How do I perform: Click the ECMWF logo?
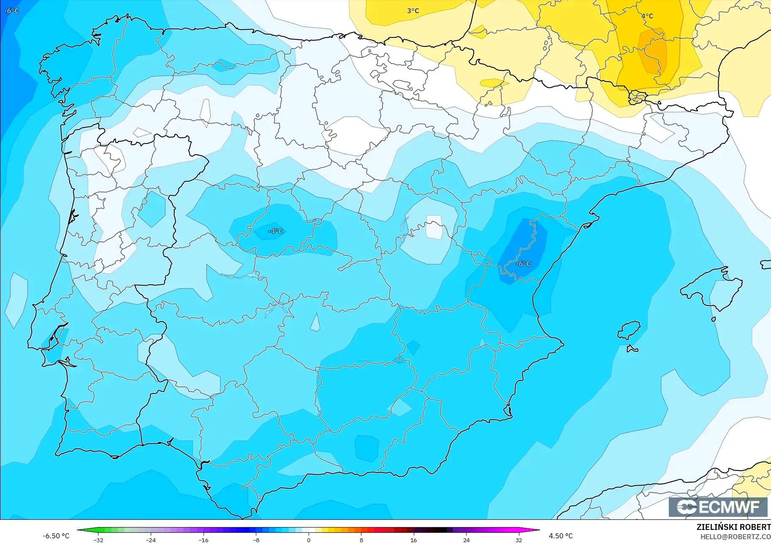(x=718, y=507)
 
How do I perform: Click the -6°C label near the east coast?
(x=523, y=264)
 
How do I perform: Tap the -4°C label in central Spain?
(x=275, y=231)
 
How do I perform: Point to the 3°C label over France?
(x=413, y=11)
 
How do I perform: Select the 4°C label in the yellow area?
(x=647, y=16)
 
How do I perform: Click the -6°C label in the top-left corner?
(x=11, y=11)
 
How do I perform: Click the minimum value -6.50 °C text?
(x=56, y=536)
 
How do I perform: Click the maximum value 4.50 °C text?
(x=560, y=536)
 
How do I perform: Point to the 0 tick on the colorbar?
(x=309, y=540)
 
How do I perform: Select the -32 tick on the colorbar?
(x=98, y=540)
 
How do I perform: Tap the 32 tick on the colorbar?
(x=519, y=540)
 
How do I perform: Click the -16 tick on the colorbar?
(x=204, y=540)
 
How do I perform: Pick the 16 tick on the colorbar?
(x=413, y=540)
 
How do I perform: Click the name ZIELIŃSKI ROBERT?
(x=733, y=527)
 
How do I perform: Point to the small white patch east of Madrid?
(x=434, y=227)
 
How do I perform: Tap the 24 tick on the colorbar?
(x=466, y=540)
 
